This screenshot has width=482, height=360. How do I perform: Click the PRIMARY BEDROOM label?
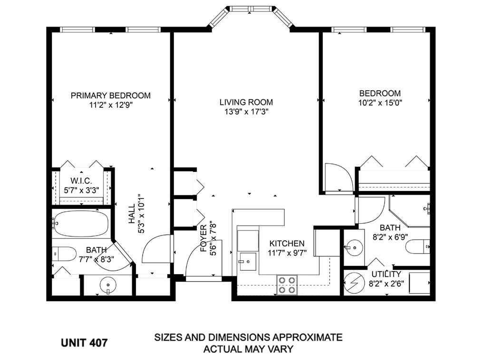click(x=111, y=95)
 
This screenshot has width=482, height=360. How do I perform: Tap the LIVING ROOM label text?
click(x=246, y=102)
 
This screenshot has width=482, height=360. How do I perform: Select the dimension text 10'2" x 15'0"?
click(x=380, y=103)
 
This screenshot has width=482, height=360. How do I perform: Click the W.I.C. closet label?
click(x=81, y=180)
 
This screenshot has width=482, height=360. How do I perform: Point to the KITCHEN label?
click(x=287, y=244)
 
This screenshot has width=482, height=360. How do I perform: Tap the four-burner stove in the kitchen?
click(x=287, y=285)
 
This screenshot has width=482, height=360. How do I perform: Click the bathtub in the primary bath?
click(x=81, y=223)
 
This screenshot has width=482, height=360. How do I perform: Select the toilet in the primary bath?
click(x=64, y=254)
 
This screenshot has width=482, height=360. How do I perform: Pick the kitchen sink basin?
click(x=248, y=262)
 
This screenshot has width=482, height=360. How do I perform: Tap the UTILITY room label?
click(x=386, y=274)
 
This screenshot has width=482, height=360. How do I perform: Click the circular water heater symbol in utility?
click(x=353, y=283)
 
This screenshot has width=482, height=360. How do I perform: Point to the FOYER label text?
click(x=203, y=238)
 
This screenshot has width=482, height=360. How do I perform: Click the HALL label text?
click(x=132, y=214)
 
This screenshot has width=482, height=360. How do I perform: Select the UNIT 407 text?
click(x=84, y=342)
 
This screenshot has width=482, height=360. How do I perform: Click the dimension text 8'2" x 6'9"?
click(x=390, y=237)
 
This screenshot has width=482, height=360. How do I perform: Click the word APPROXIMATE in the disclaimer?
click(x=307, y=337)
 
